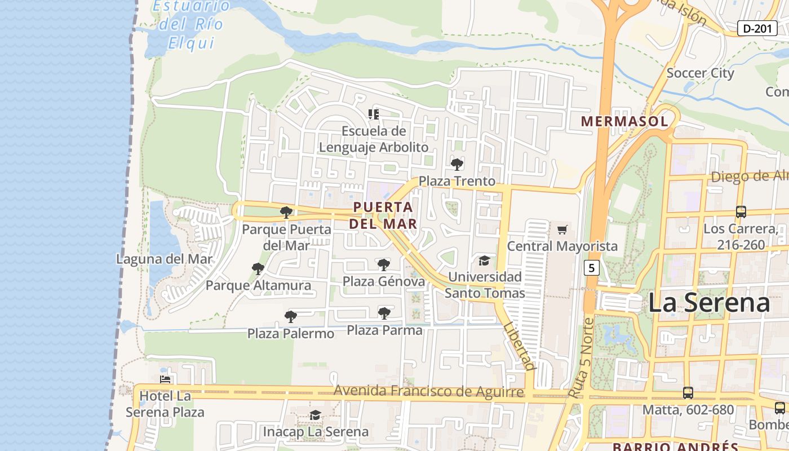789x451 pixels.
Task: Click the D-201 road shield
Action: click(757, 28)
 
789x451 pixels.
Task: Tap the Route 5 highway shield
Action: click(591, 268)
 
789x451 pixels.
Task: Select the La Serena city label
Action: click(708, 303)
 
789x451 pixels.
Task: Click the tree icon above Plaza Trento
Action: click(457, 165)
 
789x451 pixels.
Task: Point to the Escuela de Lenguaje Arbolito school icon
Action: click(373, 114)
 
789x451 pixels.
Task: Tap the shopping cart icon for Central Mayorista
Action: click(562, 229)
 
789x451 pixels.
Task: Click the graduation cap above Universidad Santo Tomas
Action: click(484, 260)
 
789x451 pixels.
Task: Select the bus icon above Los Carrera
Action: click(741, 212)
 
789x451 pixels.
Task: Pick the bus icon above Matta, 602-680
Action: click(688, 392)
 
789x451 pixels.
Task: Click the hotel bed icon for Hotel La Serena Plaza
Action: click(165, 379)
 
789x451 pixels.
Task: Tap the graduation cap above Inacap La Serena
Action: click(315, 415)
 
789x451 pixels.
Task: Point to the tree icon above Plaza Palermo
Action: click(290, 317)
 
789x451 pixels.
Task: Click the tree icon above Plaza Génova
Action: click(384, 264)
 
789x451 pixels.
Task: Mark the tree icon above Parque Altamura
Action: click(258, 268)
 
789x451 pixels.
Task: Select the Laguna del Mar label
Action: click(165, 259)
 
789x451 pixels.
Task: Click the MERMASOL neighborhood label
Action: click(624, 121)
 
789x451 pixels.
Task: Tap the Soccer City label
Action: click(700, 73)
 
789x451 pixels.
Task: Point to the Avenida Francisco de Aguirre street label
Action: click(428, 391)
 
